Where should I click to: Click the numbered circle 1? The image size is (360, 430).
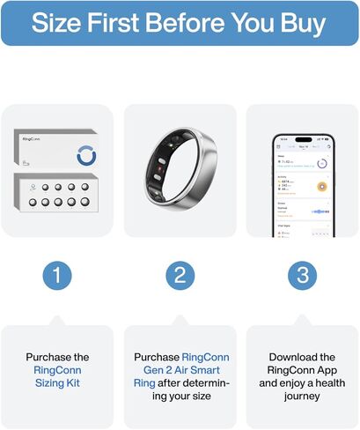point(57,275)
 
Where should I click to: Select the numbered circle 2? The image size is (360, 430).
point(180,275)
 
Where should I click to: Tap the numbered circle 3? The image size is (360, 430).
point(303,275)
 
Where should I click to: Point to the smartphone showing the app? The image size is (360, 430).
point(303,185)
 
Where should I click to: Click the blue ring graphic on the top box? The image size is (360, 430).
point(87,154)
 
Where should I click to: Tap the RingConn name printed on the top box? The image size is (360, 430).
point(33,139)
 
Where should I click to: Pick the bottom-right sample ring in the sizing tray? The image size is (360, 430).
point(85,202)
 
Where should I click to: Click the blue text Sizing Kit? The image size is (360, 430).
point(57,384)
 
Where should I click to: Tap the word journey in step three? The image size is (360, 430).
point(303,397)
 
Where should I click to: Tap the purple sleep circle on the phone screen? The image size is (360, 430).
point(322,163)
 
